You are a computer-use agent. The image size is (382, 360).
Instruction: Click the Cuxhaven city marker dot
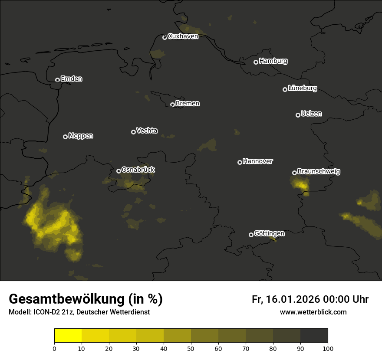click(165, 37)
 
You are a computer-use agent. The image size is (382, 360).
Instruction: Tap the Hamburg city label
click(273, 61)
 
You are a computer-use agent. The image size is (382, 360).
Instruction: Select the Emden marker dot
click(57, 80)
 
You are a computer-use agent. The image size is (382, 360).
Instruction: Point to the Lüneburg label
click(302, 88)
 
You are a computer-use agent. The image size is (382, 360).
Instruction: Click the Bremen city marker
click(172, 105)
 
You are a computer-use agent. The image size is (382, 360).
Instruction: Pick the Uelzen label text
click(311, 114)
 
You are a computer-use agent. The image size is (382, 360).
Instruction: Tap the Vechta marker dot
click(133, 132)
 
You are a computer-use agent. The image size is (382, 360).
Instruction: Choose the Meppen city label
click(81, 136)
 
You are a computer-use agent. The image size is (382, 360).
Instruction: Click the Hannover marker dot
click(240, 162)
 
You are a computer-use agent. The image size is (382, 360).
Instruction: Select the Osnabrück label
click(138, 170)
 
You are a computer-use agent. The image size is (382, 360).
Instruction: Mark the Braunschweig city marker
click(294, 173)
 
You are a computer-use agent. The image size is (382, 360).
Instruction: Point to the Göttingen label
click(269, 233)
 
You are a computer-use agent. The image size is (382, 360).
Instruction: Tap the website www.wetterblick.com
click(313, 312)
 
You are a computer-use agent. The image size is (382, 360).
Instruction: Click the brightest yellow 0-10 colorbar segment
click(68, 336)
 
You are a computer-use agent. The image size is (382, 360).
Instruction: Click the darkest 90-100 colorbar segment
click(314, 336)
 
